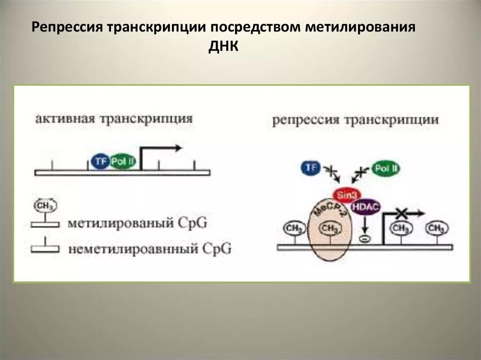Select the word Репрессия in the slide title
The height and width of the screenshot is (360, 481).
pyautogui.click(x=66, y=27)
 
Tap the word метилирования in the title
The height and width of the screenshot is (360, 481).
pyautogui.click(x=362, y=27)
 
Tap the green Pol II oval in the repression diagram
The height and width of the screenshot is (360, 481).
pyautogui.click(x=386, y=168)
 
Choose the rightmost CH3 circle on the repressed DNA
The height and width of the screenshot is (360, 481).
pyautogui.click(x=437, y=229)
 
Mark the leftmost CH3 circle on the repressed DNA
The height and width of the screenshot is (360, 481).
pyautogui.click(x=294, y=229)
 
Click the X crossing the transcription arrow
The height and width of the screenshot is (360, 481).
pyautogui.click(x=401, y=214)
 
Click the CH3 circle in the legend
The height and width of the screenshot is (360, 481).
pyautogui.click(x=45, y=206)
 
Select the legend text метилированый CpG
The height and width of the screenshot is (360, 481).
pyautogui.click(x=137, y=223)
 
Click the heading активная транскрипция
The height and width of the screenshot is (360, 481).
pyautogui.click(x=113, y=119)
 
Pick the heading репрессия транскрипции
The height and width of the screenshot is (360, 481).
pyautogui.click(x=356, y=120)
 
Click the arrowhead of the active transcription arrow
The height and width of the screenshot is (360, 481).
pyautogui.click(x=178, y=148)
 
